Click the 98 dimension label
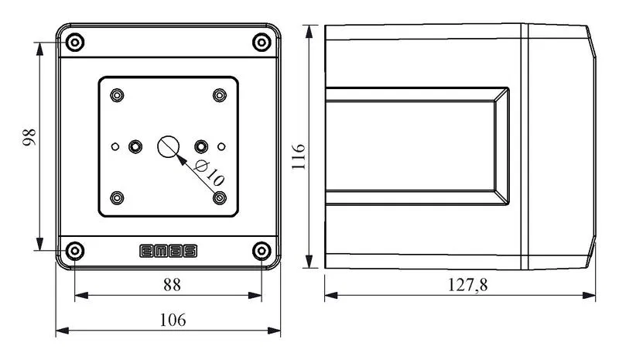tap(29, 137)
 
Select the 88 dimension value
tap(172, 285)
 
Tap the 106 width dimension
tap(173, 320)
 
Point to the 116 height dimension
tap(299, 156)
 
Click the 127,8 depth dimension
tap(468, 285)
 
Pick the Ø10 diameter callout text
tap(209, 173)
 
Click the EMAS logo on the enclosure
tap(168, 251)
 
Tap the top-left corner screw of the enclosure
tap(75, 43)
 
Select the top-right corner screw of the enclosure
tap(262, 43)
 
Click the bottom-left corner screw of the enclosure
tap(74, 251)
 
